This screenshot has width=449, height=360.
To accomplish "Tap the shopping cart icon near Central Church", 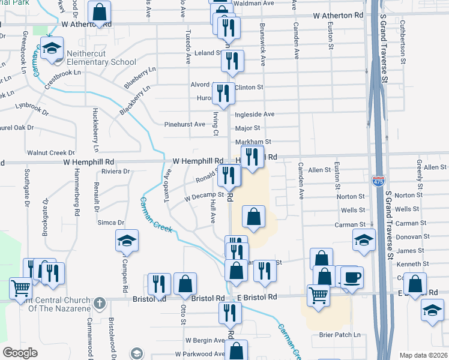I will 21,289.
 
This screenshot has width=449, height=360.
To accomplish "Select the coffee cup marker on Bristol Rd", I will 352,278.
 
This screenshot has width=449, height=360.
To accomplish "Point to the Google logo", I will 20,352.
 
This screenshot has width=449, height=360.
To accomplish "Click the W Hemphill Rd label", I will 198,161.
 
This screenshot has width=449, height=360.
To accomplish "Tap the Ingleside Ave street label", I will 255,114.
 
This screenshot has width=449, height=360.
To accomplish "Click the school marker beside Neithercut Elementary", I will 53,49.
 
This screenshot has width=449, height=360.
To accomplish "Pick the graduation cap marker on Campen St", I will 127,241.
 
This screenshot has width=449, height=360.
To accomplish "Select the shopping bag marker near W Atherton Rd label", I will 100,11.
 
